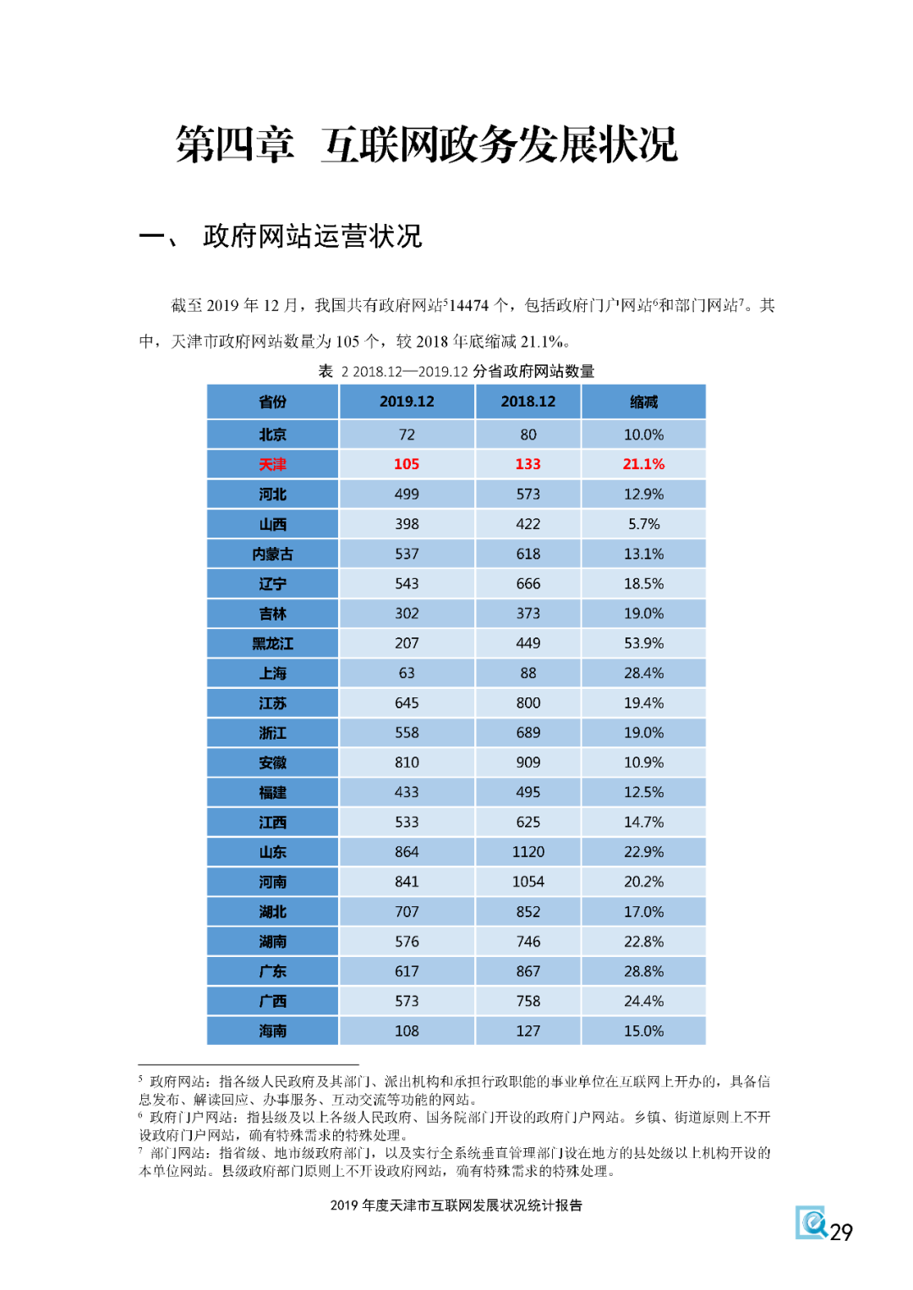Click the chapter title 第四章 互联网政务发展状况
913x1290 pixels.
click(x=427, y=145)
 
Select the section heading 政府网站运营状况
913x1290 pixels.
click(x=312, y=237)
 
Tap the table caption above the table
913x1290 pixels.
click(x=456, y=371)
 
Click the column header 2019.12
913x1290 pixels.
click(x=407, y=402)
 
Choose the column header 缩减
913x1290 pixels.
click(x=643, y=402)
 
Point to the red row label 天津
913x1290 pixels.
click(x=272, y=464)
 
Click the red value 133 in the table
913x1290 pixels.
click(x=528, y=464)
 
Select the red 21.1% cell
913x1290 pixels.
click(x=643, y=464)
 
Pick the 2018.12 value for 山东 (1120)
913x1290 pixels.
click(x=528, y=852)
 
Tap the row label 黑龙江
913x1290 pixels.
click(x=272, y=643)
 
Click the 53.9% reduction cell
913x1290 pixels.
click(x=643, y=643)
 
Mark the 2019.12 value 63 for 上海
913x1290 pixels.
click(x=407, y=673)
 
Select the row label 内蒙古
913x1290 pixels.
click(x=272, y=554)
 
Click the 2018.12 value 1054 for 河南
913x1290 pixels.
click(x=528, y=882)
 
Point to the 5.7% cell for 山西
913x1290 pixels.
click(x=643, y=524)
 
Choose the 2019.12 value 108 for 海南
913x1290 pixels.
click(x=407, y=1031)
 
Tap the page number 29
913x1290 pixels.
click(x=841, y=1233)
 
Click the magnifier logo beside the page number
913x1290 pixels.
click(x=812, y=1222)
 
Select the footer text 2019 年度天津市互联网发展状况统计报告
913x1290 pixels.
click(x=456, y=1205)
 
